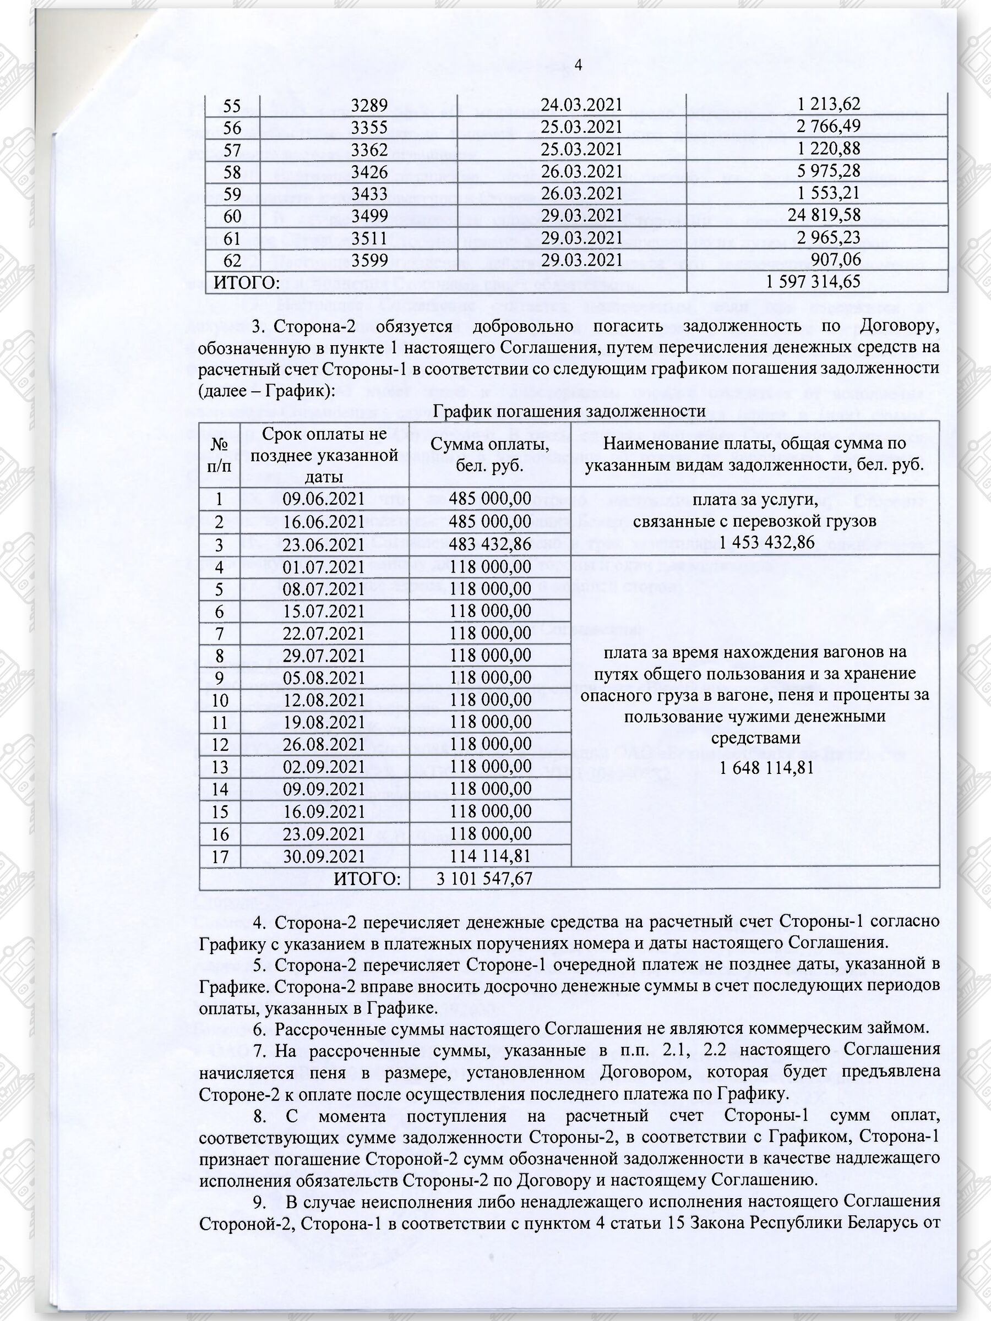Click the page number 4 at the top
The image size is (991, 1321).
pyautogui.click(x=578, y=64)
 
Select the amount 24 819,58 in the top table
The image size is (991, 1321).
pyautogui.click(x=824, y=215)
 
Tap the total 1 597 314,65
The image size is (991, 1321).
pyautogui.click(x=813, y=281)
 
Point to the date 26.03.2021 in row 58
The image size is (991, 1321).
pyautogui.click(x=581, y=171)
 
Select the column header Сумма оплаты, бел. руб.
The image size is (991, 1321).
pyautogui.click(x=489, y=455)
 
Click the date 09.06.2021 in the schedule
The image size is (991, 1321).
pyautogui.click(x=323, y=499)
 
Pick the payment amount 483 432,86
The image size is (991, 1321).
pyautogui.click(x=490, y=544)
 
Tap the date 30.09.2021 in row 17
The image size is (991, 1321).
pyautogui.click(x=323, y=856)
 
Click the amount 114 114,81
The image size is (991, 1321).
pyautogui.click(x=490, y=856)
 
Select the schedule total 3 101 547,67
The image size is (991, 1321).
pyautogui.click(x=484, y=878)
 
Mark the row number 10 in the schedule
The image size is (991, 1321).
pyautogui.click(x=220, y=700)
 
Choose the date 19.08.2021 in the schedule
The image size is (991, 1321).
pyautogui.click(x=323, y=722)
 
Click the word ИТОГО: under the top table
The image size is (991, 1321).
pyautogui.click(x=247, y=282)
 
